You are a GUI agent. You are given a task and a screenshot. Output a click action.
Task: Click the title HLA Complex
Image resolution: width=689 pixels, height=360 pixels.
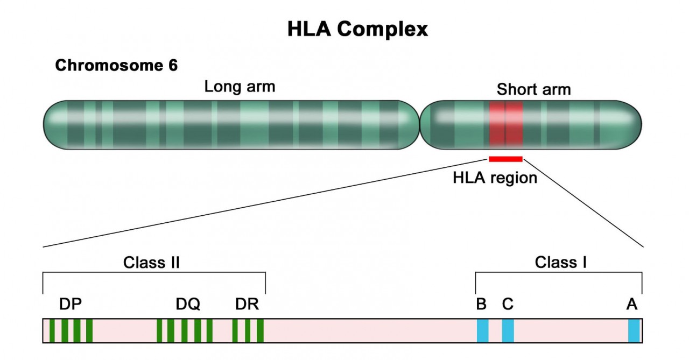pyautogui.click(x=357, y=29)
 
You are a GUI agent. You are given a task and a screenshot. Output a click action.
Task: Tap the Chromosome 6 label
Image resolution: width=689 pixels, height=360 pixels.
pyautogui.click(x=116, y=66)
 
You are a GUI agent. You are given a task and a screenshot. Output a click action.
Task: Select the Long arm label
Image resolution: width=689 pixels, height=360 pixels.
pyautogui.click(x=240, y=87)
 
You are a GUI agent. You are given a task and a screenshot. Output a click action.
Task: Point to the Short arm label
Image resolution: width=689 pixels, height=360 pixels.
pyautogui.click(x=533, y=89)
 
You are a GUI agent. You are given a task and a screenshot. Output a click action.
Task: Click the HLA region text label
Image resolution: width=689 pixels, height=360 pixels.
pyautogui.click(x=495, y=178)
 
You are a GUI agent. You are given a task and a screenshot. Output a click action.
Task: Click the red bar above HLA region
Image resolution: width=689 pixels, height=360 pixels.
pyautogui.click(x=505, y=159)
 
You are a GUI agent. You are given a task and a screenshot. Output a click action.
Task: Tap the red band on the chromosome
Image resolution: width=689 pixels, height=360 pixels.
pyautogui.click(x=505, y=125)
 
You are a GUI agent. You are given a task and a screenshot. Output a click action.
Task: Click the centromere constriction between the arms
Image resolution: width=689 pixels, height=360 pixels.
pyautogui.click(x=419, y=125)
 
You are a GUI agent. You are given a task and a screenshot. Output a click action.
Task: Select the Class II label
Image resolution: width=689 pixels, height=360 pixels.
pyautogui.click(x=151, y=263)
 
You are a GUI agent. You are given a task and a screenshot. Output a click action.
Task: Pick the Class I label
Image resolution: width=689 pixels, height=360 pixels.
pyautogui.click(x=560, y=263)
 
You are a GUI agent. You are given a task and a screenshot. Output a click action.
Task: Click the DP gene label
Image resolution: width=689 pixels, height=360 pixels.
pyautogui.click(x=70, y=305)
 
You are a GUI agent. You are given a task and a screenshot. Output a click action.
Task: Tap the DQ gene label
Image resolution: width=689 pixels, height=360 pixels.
pyautogui.click(x=188, y=305)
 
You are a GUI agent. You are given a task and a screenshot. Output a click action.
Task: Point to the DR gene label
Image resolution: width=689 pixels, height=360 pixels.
pyautogui.click(x=247, y=305)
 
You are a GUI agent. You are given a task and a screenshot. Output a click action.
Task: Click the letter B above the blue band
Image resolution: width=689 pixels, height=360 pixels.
pyautogui.click(x=481, y=305)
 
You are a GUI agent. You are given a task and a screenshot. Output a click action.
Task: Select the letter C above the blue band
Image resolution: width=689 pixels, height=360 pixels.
pyautogui.click(x=508, y=305)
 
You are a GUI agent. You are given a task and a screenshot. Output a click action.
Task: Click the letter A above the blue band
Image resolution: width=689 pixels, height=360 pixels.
pyautogui.click(x=632, y=305)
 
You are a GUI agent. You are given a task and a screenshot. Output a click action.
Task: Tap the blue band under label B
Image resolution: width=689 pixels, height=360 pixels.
pyautogui.click(x=482, y=331)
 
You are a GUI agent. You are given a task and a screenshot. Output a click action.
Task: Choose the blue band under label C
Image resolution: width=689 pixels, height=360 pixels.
pyautogui.click(x=508, y=331)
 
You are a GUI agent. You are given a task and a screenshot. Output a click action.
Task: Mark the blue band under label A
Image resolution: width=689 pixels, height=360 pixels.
pyautogui.click(x=634, y=331)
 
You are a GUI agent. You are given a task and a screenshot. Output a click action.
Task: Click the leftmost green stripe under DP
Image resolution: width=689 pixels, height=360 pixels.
pyautogui.click(x=52, y=331)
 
